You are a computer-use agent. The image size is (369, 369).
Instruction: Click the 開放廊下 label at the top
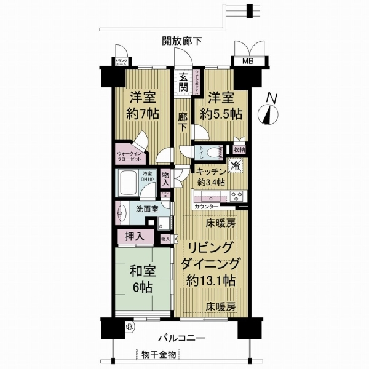182,41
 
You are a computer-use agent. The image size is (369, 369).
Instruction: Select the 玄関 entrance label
183,82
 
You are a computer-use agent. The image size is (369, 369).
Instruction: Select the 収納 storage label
239,149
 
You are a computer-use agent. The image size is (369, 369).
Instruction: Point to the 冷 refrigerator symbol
234,164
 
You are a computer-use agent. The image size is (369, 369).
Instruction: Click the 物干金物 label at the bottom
158,355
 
